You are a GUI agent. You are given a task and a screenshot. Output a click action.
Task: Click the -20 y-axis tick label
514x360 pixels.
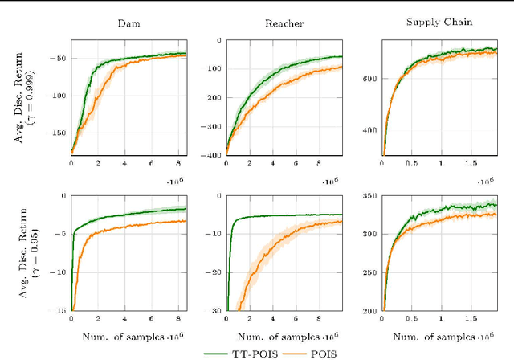[x=214, y=272]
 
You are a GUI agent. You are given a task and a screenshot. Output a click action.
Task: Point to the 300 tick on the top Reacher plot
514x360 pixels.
[x=213, y=125]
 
